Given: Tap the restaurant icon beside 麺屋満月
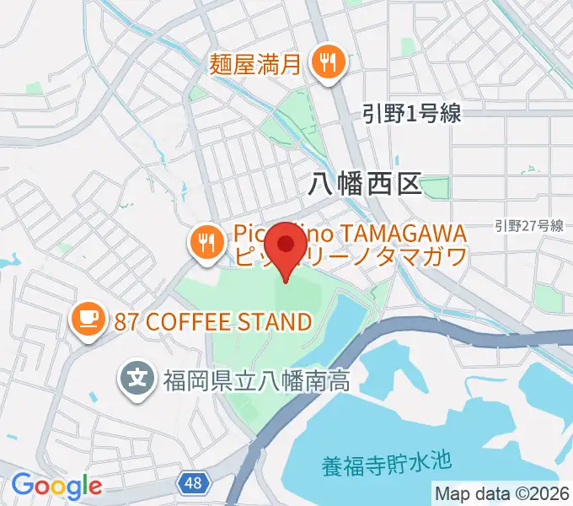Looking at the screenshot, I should (325, 62).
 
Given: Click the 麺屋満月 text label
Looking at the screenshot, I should (256, 62).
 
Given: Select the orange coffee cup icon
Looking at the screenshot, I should (87, 319).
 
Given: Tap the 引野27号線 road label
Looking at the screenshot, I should (528, 225).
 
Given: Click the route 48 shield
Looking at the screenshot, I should (193, 482).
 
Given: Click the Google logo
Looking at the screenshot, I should (56, 486).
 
